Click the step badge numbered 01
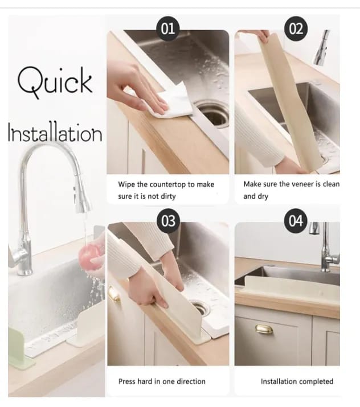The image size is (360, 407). click(168, 28)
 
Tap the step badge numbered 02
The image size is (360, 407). click(296, 28)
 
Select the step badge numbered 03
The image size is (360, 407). click(169, 221)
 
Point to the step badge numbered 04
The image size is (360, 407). click(296, 221)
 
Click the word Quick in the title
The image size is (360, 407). click(55, 83)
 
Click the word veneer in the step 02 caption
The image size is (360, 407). click(296, 184)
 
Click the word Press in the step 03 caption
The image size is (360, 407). click(127, 381)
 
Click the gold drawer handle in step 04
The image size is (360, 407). click(264, 329)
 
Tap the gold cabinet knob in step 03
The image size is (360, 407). click(114, 294)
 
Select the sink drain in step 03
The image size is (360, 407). click(201, 308)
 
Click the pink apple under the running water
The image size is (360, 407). click(91, 254)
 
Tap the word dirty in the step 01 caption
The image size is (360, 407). click(168, 196)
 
